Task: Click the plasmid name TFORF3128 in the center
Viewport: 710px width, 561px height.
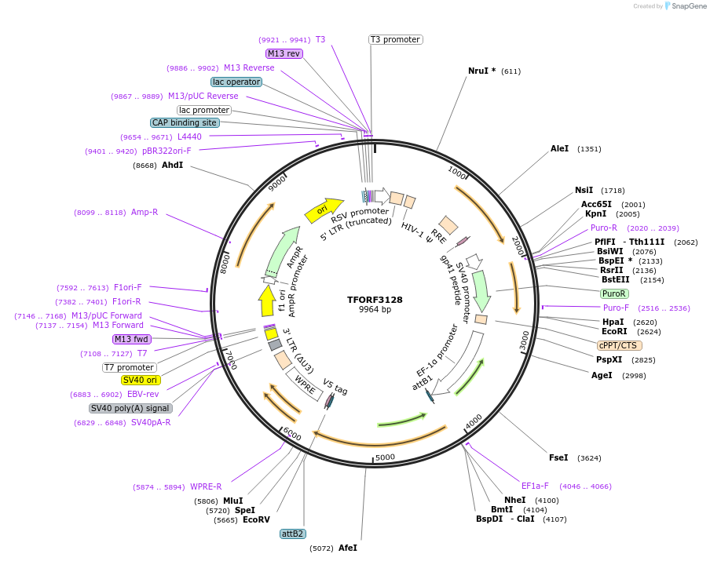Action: point(375,299)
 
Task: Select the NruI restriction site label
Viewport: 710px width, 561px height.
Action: point(481,71)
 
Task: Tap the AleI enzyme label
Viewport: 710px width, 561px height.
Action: point(559,148)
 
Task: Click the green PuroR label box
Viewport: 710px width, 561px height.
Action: point(613,293)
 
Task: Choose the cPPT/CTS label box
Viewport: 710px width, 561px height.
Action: point(619,345)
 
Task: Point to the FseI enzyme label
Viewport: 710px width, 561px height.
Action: point(558,457)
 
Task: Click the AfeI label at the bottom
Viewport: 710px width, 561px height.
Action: point(347,548)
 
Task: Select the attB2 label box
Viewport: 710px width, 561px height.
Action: point(292,534)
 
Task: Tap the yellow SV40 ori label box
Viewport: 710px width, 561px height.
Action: point(141,380)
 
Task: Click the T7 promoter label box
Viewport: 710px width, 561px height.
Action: point(129,367)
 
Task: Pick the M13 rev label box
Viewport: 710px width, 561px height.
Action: point(284,53)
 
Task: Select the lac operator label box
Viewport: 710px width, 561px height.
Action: point(236,82)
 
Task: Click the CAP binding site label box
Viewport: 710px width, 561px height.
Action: point(185,122)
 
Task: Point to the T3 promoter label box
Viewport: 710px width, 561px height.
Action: point(395,39)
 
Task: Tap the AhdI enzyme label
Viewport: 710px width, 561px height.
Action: point(172,166)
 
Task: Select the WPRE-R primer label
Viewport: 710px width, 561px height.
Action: point(206,486)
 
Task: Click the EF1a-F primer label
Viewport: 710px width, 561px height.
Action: point(535,486)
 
